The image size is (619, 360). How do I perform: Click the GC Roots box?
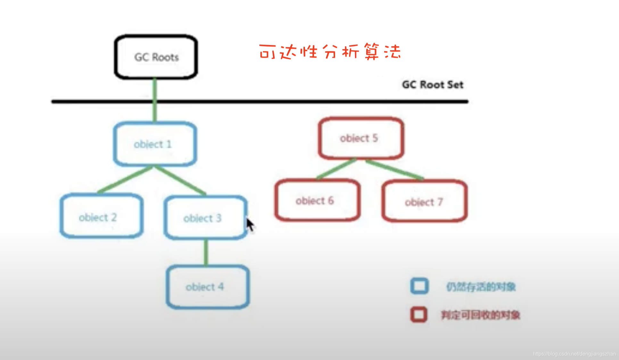point(156,57)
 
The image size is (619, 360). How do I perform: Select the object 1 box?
point(155,144)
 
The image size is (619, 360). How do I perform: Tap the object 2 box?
point(101,217)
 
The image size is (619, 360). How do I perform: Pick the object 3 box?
point(205,218)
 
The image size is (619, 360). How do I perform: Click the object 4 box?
point(208,287)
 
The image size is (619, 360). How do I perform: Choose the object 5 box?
point(361,138)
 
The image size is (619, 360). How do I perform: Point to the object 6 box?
point(317,200)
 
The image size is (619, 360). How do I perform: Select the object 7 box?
point(424,201)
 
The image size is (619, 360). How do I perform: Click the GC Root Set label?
point(433,85)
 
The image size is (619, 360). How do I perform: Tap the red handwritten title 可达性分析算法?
point(330,52)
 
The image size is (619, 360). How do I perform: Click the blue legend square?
point(419,286)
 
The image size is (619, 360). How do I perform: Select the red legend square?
point(419,315)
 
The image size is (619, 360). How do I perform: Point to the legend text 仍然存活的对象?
point(481,287)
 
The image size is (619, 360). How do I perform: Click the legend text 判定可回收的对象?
point(481,315)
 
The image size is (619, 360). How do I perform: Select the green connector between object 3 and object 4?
point(206,252)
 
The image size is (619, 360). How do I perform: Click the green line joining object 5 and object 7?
point(395,170)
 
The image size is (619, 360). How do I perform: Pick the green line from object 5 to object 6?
point(336,169)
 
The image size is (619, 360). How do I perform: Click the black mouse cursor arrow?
point(250,225)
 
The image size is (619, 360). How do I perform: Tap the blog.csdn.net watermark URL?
point(574,354)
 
